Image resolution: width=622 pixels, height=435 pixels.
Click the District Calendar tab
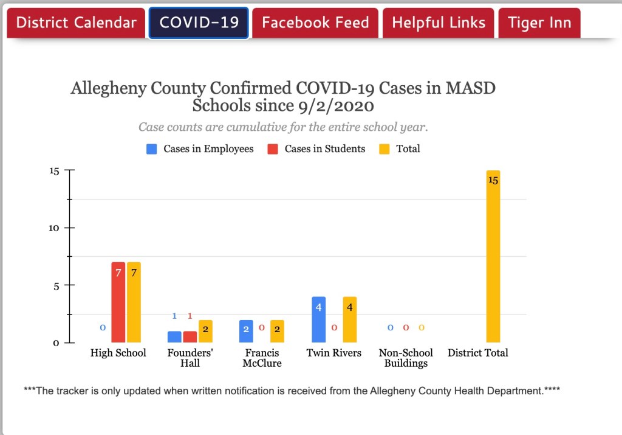tap(76, 23)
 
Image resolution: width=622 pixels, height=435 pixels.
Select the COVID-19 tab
tap(199, 23)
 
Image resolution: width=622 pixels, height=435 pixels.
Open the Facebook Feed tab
tap(315, 23)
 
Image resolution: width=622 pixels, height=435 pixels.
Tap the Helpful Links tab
tap(439, 23)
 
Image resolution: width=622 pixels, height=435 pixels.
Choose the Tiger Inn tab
tap(539, 23)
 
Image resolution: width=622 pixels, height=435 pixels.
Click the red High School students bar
tap(118, 302)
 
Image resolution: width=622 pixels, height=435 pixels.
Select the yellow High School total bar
tap(134, 302)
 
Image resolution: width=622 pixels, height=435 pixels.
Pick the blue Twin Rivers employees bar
tap(319, 319)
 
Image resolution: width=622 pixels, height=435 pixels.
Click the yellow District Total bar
tap(493, 257)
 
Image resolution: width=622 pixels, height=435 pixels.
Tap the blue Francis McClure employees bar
tap(246, 331)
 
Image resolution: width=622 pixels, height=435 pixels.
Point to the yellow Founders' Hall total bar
tap(206, 331)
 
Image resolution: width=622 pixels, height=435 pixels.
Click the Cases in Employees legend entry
tap(200, 148)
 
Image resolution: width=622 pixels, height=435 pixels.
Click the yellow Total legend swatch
tap(384, 148)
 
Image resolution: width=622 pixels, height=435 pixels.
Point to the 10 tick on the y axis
tap(54, 228)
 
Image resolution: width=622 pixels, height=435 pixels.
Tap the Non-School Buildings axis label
tap(406, 358)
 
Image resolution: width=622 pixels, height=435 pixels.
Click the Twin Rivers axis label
tap(333, 353)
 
